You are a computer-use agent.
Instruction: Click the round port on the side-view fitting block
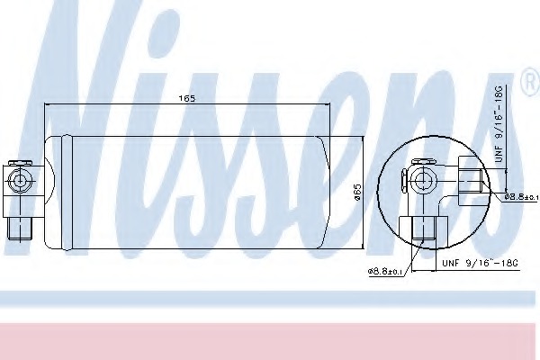19,181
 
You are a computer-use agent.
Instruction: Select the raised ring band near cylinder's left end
64,188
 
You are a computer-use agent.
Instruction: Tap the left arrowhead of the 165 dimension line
49,106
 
